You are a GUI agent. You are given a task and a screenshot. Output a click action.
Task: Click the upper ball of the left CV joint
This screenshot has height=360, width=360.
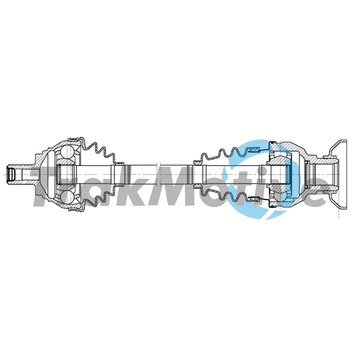(x=67, y=152)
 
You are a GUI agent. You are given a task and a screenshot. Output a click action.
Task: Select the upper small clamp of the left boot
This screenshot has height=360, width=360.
(x=119, y=163)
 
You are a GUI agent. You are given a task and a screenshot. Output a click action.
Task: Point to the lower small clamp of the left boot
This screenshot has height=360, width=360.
(x=119, y=185)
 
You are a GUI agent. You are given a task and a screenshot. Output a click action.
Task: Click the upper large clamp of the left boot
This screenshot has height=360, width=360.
(x=74, y=138)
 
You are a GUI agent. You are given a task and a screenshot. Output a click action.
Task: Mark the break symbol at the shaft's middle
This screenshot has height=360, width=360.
(x=158, y=174)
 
